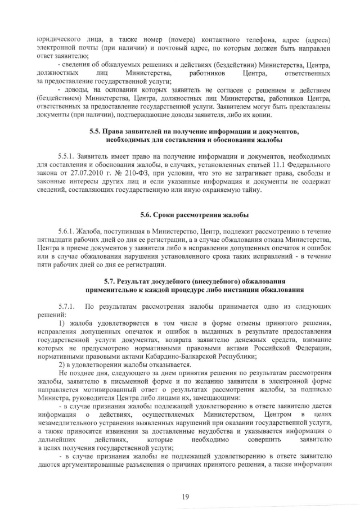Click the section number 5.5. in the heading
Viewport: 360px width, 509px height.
[96, 132]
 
